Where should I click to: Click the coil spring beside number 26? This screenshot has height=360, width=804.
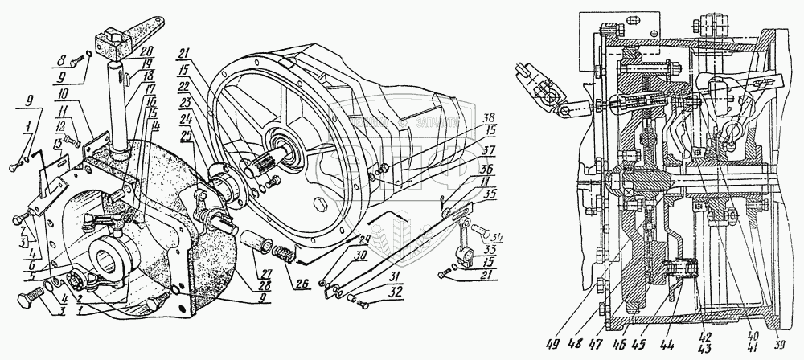[x=283, y=258]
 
